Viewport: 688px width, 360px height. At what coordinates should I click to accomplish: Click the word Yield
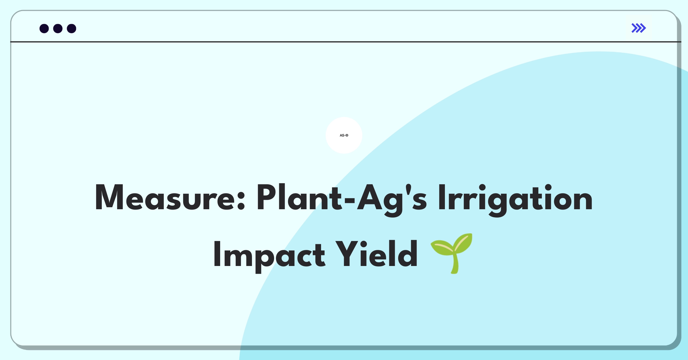(376, 253)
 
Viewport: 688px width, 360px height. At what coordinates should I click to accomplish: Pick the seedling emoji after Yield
(452, 253)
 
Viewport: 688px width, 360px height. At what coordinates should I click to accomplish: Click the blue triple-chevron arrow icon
(639, 28)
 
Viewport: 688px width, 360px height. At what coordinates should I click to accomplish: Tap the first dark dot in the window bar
(44, 28)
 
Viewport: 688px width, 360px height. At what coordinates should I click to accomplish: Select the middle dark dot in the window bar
(58, 28)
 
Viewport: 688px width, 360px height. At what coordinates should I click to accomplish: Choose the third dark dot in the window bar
(72, 28)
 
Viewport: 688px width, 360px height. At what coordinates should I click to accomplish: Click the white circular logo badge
(344, 135)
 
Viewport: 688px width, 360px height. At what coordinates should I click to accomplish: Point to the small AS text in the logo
(342, 135)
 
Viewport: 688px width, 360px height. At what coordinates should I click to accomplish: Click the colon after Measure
(241, 200)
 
